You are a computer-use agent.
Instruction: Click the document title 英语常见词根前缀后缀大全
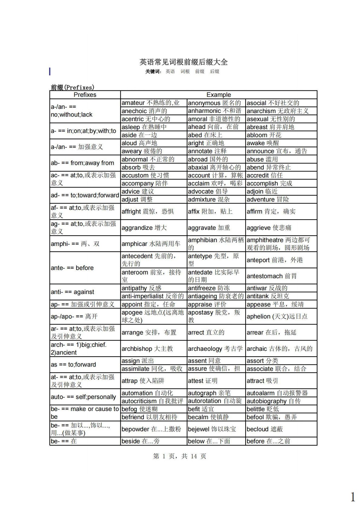tap(183, 62)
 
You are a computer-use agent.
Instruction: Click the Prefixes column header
tap(85, 95)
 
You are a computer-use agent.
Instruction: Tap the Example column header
tap(218, 95)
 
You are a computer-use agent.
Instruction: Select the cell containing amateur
tap(150, 103)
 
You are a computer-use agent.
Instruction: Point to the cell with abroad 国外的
tap(208, 159)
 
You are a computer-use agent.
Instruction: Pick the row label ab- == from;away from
tap(82, 163)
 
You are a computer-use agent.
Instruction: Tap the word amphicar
tap(135, 244)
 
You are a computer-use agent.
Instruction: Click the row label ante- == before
tap(72, 268)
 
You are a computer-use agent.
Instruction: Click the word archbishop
tap(136, 349)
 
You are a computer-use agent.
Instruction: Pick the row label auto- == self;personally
tap(83, 397)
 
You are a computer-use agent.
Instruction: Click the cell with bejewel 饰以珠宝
tap(212, 429)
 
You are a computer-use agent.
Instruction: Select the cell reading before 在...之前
tap(268, 441)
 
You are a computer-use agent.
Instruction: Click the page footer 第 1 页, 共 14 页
tap(180, 456)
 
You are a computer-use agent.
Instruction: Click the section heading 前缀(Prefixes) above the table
tap(72, 87)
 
